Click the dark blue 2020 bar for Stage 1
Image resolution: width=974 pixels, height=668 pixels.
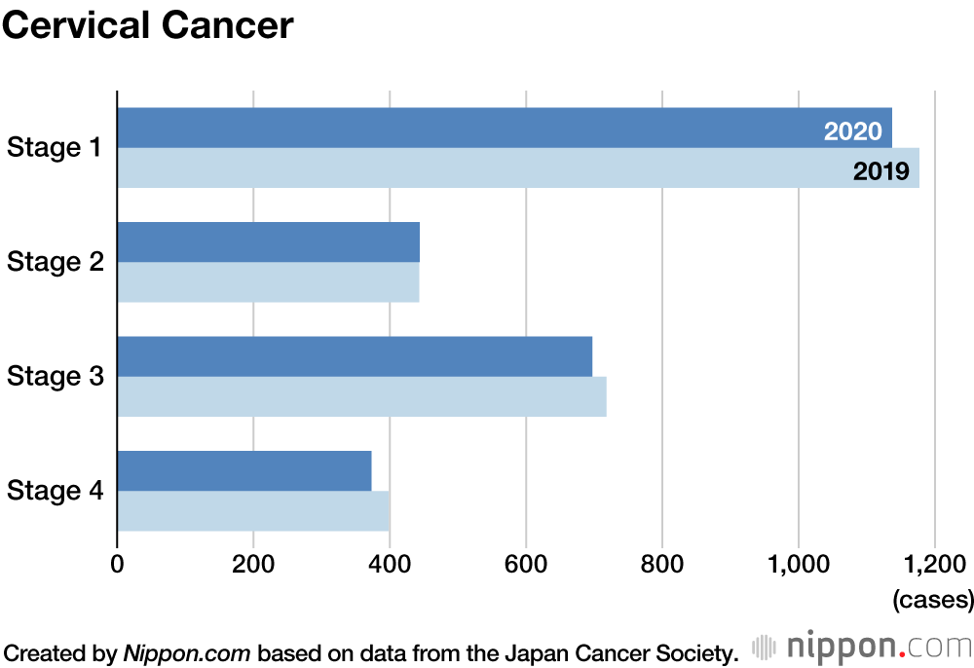[468, 128]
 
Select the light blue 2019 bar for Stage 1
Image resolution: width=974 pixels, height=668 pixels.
[468, 167]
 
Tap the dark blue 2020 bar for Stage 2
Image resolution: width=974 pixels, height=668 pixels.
[268, 241]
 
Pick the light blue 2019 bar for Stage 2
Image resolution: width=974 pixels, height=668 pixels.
[268, 281]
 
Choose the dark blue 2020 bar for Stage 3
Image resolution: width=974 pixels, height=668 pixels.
[355, 356]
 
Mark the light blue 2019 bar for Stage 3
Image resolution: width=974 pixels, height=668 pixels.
[361, 396]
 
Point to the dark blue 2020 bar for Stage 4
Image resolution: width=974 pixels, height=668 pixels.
[244, 471]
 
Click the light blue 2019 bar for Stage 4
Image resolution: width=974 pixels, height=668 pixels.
[253, 511]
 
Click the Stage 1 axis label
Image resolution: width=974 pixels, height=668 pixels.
[55, 148]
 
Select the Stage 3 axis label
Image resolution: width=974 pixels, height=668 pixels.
[55, 376]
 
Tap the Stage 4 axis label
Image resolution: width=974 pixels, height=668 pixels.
[55, 491]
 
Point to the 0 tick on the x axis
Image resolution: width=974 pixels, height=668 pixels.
[117, 564]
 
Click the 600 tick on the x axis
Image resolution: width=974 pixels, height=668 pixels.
[526, 564]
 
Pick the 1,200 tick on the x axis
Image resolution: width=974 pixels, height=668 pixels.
[934, 564]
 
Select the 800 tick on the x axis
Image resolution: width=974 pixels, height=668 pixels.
[662, 564]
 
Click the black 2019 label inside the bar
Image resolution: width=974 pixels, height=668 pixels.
[880, 172]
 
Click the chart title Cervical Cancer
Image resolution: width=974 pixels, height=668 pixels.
[147, 26]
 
